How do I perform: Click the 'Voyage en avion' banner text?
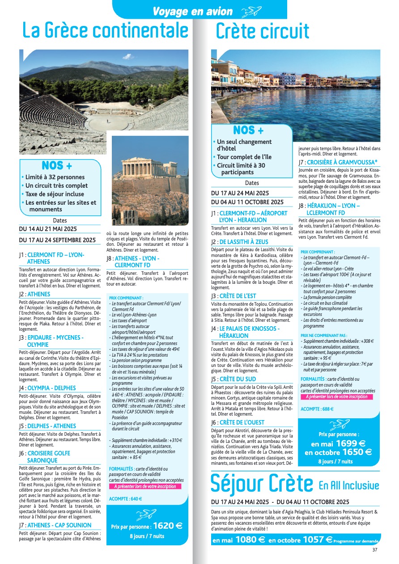(x=193, y=12)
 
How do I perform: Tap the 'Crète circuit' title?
(x=262, y=31)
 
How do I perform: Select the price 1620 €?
(x=168, y=526)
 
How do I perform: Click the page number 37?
(x=375, y=550)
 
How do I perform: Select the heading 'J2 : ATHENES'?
(x=34, y=295)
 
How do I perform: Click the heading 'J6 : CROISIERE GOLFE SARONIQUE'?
(x=44, y=457)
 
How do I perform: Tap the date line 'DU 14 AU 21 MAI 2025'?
(x=48, y=229)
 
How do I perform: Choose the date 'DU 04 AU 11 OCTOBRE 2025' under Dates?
(x=247, y=202)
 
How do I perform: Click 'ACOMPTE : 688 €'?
(x=317, y=409)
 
